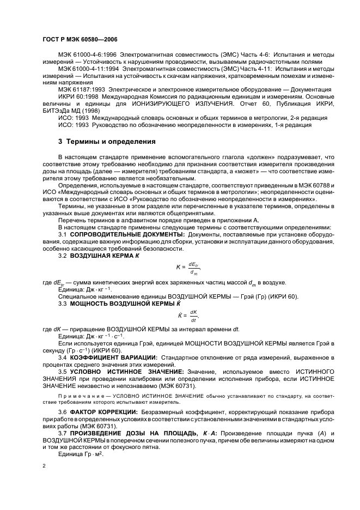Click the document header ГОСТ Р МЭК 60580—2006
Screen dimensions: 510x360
[x=80, y=40]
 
